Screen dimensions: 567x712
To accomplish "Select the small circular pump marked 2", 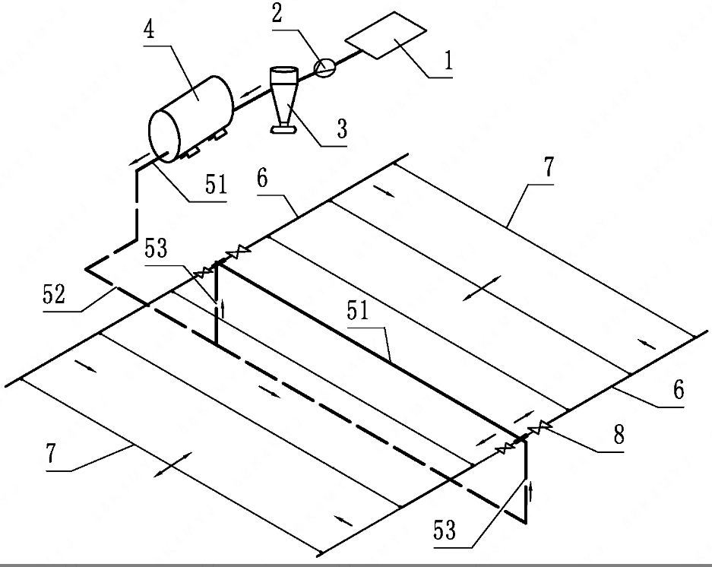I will [x=324, y=68].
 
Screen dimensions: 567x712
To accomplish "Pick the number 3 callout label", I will [x=342, y=127].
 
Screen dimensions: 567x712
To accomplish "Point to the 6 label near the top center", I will [x=263, y=179].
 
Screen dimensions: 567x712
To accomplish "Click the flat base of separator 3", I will [x=284, y=131].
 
